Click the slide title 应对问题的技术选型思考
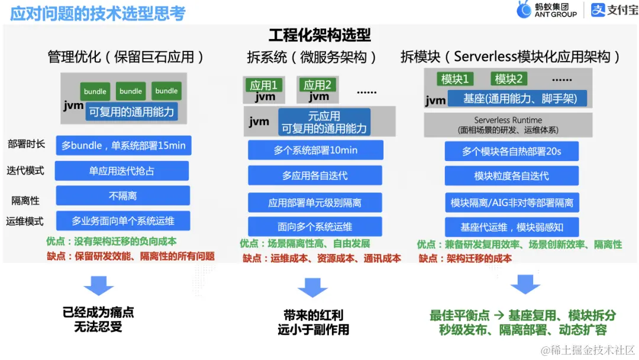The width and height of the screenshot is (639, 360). click(x=98, y=13)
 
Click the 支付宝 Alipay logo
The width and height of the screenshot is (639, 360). click(x=614, y=10)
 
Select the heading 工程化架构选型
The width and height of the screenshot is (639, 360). click(x=319, y=35)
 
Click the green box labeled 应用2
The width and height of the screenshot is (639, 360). click(x=318, y=85)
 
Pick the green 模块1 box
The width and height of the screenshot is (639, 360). click(x=456, y=79)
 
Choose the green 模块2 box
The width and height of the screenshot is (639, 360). click(x=509, y=79)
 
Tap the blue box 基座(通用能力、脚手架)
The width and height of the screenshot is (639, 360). click(x=520, y=98)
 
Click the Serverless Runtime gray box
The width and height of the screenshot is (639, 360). click(x=508, y=124)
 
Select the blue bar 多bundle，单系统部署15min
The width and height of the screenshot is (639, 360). click(x=124, y=146)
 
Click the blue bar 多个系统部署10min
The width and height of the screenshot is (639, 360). click(x=315, y=150)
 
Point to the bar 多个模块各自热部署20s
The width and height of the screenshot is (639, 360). click(x=512, y=151)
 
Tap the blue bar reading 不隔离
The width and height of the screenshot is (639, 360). click(x=123, y=195)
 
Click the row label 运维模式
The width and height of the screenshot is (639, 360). click(x=25, y=221)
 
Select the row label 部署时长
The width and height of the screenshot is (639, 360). click(x=25, y=144)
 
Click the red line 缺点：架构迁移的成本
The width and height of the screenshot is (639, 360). click(x=465, y=258)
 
